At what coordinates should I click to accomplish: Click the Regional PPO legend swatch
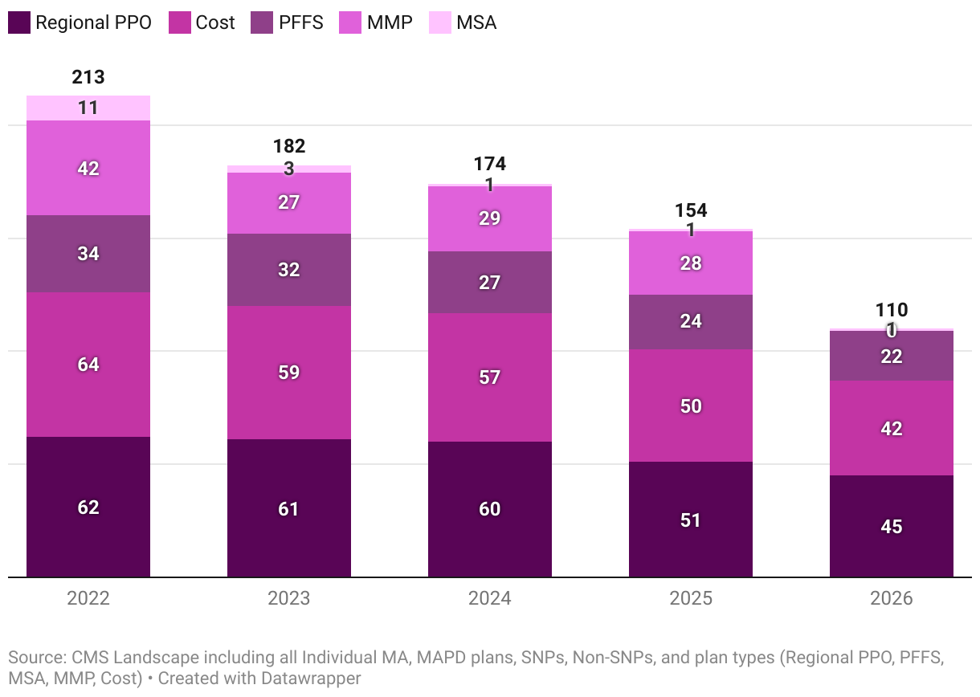(x=19, y=22)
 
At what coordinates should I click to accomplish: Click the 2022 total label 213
(x=88, y=77)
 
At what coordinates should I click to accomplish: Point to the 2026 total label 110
(x=892, y=310)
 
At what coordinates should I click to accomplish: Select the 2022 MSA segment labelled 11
(x=88, y=108)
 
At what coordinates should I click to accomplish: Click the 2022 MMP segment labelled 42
(x=88, y=168)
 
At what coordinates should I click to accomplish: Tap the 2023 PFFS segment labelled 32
(x=289, y=270)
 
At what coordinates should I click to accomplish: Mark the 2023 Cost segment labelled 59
(x=289, y=373)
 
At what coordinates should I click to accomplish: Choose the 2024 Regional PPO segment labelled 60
(x=490, y=509)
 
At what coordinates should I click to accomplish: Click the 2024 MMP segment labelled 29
(x=490, y=218)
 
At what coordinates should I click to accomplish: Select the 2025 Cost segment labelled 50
(x=691, y=406)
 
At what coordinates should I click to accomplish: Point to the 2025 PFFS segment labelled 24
(x=691, y=321)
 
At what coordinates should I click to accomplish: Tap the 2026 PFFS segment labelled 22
(x=892, y=356)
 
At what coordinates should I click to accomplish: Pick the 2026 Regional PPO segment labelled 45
(x=892, y=526)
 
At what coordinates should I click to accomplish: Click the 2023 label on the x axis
(x=289, y=599)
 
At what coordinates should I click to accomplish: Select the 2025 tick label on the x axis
(x=691, y=599)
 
